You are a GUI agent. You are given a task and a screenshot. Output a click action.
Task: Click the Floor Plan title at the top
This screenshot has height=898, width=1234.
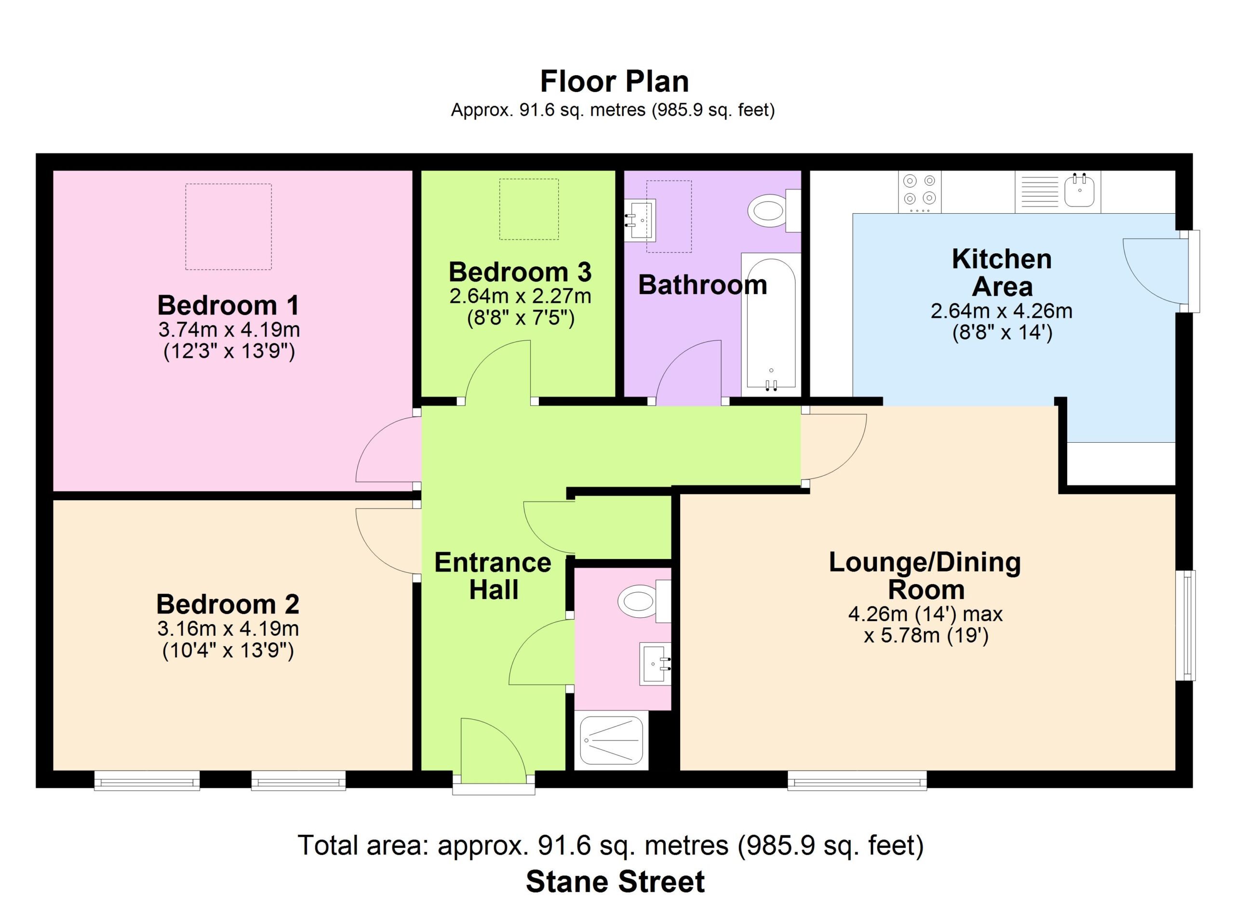614,82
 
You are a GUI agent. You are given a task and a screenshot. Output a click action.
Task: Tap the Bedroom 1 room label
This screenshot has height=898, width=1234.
228,305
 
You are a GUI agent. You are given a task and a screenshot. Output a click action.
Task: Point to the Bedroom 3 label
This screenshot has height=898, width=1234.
520,272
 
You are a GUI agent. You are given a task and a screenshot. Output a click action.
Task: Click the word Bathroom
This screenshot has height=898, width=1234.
702,285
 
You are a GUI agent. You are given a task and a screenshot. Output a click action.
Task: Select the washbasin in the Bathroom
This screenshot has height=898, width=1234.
640,220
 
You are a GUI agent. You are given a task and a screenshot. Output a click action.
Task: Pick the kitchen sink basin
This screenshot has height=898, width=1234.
1079,190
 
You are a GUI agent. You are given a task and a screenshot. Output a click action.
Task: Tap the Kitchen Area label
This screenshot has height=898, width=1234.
1002,272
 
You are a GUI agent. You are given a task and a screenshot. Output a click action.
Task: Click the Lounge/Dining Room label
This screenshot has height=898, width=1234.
925,576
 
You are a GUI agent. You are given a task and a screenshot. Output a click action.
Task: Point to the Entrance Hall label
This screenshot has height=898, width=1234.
493,576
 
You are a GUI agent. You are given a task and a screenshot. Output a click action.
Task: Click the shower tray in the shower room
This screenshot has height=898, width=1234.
612,740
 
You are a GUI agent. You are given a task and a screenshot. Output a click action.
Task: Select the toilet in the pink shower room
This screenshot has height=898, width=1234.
644,601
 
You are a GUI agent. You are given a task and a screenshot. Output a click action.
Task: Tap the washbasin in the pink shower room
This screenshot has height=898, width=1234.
656,664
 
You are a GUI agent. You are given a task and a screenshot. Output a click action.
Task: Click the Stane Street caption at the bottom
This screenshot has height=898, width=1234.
616,881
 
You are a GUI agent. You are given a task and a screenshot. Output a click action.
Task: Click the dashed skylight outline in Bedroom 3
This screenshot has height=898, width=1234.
529,179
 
